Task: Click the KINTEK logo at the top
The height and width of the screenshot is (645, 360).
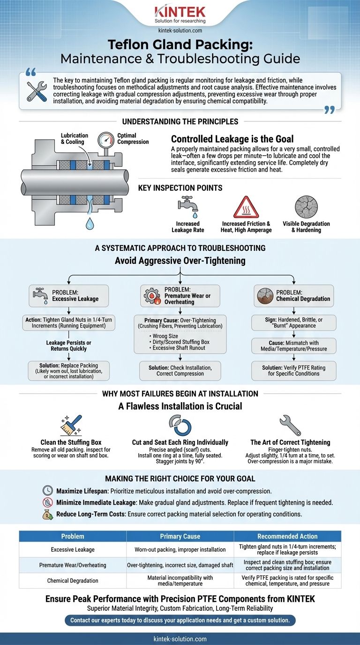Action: (x=180, y=11)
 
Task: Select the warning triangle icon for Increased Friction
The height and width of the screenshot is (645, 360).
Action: (x=246, y=207)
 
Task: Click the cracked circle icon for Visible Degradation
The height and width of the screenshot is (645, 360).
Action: (x=306, y=207)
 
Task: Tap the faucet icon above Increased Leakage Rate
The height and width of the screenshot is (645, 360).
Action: (x=187, y=207)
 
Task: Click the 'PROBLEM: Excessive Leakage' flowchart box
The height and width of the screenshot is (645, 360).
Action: (x=68, y=296)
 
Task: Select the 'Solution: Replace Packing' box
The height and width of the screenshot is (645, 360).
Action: (x=68, y=370)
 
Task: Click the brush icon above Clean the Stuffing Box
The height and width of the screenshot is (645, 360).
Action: (x=71, y=424)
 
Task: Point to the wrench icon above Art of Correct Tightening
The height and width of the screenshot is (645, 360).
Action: (x=290, y=424)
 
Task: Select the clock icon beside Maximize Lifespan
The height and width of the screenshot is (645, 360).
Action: (x=47, y=491)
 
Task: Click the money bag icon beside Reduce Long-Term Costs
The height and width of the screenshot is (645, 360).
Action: (x=47, y=514)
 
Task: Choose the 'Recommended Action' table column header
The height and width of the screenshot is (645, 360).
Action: (x=287, y=536)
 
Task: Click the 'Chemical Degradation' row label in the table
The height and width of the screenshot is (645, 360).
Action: (x=73, y=581)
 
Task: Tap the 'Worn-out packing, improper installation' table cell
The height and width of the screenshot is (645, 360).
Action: (x=180, y=549)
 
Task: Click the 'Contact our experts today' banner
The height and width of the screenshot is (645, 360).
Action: (x=180, y=620)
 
